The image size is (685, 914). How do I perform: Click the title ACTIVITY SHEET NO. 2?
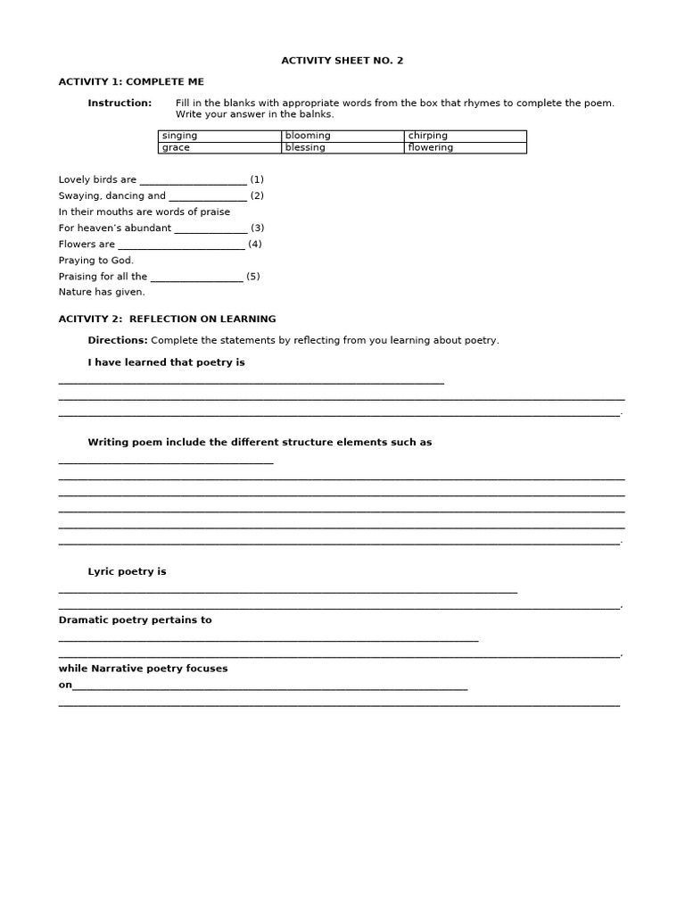(342, 61)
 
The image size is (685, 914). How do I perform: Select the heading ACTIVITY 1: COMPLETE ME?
(131, 81)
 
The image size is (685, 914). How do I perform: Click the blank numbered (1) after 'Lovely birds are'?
(193, 180)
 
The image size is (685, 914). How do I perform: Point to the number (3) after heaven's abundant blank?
(257, 228)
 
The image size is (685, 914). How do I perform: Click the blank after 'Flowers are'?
(181, 245)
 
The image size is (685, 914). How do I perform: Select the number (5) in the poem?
(253, 277)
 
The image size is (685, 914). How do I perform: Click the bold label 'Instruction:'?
(120, 104)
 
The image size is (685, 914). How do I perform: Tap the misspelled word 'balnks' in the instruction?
(318, 114)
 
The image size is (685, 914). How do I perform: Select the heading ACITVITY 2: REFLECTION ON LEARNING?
(167, 319)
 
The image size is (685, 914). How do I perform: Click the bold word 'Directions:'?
(118, 340)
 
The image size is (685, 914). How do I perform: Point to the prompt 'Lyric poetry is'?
(127, 571)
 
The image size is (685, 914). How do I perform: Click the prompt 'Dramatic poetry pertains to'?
(135, 619)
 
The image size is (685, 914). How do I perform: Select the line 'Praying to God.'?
(96, 261)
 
